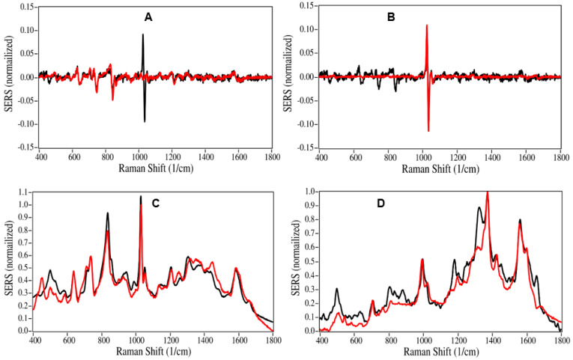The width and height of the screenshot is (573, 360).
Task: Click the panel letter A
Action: (149, 15)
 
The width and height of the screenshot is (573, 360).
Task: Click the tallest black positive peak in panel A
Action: (142, 34)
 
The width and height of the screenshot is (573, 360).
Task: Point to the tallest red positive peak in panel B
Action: (426, 25)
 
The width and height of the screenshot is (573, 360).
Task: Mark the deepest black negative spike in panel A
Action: (145, 121)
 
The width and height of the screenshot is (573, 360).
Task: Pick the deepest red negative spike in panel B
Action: (428, 131)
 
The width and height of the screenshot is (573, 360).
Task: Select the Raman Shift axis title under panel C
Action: (156, 350)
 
